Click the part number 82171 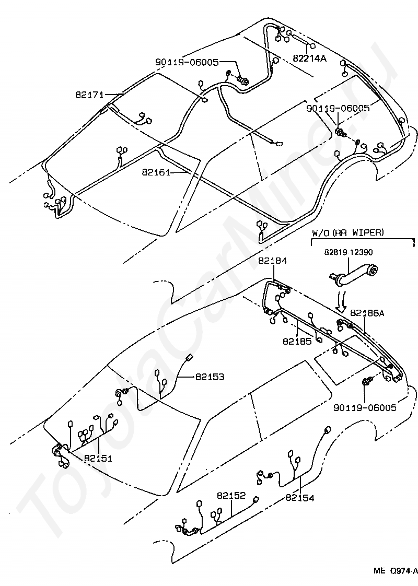point(89,95)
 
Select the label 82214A point(309,58)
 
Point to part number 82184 point(272,261)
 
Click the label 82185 point(297,341)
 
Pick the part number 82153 point(210,377)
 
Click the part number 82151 point(98,458)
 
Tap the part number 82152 point(231,495)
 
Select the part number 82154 point(300,497)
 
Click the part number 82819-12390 point(348,252)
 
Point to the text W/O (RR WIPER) point(347,232)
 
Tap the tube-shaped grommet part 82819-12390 point(353,273)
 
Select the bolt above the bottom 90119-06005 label point(366,382)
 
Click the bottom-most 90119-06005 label point(365,407)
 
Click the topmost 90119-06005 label point(187,62)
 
